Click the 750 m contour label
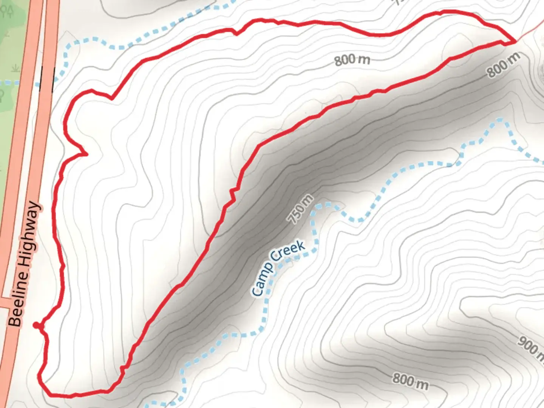300,209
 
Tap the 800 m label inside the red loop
352,60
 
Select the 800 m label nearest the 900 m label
410,381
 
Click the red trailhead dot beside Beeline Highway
36,325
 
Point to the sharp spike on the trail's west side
86,154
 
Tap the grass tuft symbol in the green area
15,68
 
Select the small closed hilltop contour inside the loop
459,47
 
